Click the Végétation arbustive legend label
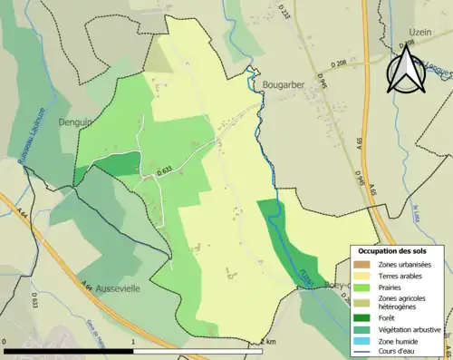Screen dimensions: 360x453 (410, 329)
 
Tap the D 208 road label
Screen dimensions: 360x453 (339, 63)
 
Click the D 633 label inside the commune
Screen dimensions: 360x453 (164, 169)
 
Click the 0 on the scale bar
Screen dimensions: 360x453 (5, 342)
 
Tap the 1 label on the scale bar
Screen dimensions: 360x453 (133, 342)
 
